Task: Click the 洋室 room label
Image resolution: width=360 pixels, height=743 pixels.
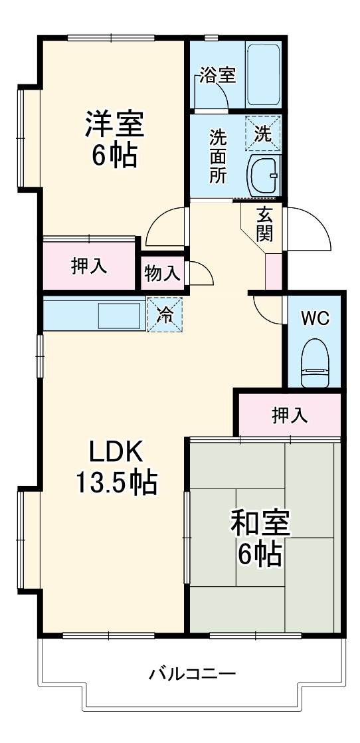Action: click(114, 124)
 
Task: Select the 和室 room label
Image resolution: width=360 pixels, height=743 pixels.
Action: click(260, 523)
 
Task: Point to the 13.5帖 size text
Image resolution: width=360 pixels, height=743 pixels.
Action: click(116, 482)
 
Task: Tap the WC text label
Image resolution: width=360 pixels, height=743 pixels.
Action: click(314, 318)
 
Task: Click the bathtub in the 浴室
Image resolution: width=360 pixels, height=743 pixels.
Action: click(264, 74)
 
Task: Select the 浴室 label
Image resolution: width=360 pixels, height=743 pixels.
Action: click(217, 74)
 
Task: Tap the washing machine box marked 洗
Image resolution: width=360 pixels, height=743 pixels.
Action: click(263, 133)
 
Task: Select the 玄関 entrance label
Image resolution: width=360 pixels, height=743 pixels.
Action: click(264, 224)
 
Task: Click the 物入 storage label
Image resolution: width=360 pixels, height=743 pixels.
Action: click(162, 272)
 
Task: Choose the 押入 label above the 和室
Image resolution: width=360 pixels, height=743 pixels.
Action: click(290, 415)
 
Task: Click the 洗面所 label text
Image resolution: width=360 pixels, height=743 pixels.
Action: click(217, 156)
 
